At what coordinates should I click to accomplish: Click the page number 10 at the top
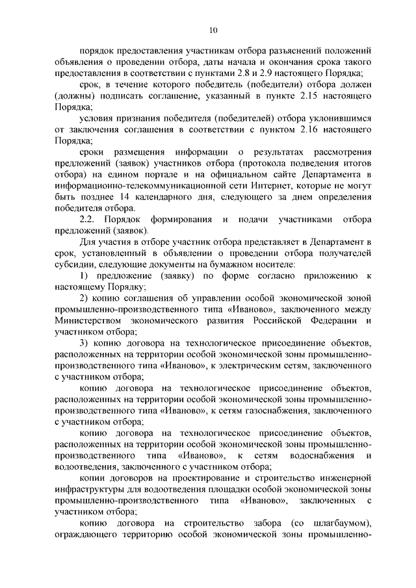(213, 29)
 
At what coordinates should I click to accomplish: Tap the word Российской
(260, 321)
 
